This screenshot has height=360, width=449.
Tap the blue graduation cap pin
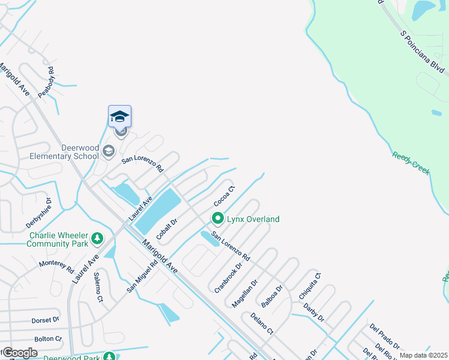(119, 116)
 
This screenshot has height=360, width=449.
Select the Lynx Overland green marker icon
(218, 219)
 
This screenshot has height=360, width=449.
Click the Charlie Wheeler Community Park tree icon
(97, 240)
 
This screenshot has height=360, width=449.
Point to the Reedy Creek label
(411, 163)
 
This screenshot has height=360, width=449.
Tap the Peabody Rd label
(46, 82)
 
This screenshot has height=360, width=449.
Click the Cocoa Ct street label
(224, 194)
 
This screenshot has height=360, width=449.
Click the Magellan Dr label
(245, 293)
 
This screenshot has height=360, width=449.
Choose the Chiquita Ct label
(310, 286)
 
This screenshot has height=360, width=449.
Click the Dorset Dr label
(46, 320)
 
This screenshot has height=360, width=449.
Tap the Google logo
(20, 353)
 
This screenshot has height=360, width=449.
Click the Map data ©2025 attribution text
(423, 355)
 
